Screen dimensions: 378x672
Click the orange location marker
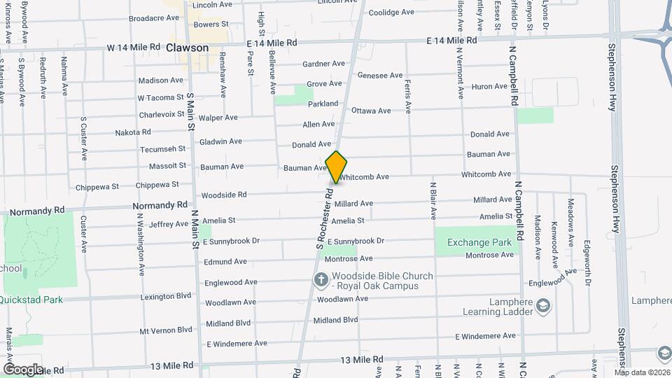click(337, 167)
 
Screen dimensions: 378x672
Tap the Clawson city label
click(188, 48)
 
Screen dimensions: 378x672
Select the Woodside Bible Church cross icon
click(321, 280)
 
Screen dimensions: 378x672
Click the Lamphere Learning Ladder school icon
click(543, 306)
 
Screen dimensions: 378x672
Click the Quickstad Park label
click(31, 300)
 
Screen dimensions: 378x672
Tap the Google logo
click(23, 369)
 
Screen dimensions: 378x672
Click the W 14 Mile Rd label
click(134, 48)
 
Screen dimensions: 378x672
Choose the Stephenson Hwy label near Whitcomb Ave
click(613, 195)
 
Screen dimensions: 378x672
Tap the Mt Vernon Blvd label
click(166, 330)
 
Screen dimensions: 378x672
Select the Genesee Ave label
click(380, 75)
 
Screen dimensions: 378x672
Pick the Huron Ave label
click(489, 87)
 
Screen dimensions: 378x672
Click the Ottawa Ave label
click(371, 111)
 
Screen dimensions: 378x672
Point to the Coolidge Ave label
click(391, 13)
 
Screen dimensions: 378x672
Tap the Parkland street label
click(323, 104)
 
